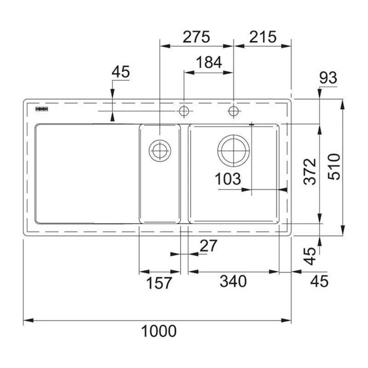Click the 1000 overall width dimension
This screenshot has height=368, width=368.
pos(159,331)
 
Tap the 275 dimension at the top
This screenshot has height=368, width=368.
pos(196,37)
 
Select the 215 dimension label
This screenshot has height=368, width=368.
pos(263,37)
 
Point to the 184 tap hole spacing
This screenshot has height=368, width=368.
pos(209,62)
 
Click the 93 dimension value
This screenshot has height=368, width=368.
pos(328,77)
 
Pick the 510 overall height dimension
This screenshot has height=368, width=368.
pos(334,167)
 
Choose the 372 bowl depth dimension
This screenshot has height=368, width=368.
pos(310,171)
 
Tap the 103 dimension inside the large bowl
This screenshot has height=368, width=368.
pos(228,179)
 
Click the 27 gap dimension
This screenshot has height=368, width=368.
pos(208,246)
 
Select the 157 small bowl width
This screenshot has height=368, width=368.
pos(159,283)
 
